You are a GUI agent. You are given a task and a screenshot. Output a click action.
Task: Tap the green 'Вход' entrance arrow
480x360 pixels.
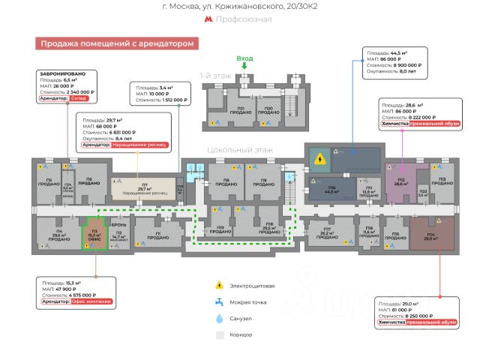click(x=244, y=67)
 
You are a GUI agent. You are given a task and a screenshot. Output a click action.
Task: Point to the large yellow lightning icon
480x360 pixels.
click(x=320, y=158)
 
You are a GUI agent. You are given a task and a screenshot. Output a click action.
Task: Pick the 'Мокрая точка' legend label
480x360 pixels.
click(x=250, y=302)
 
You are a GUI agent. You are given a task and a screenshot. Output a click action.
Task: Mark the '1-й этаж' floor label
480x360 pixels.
click(x=215, y=76)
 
